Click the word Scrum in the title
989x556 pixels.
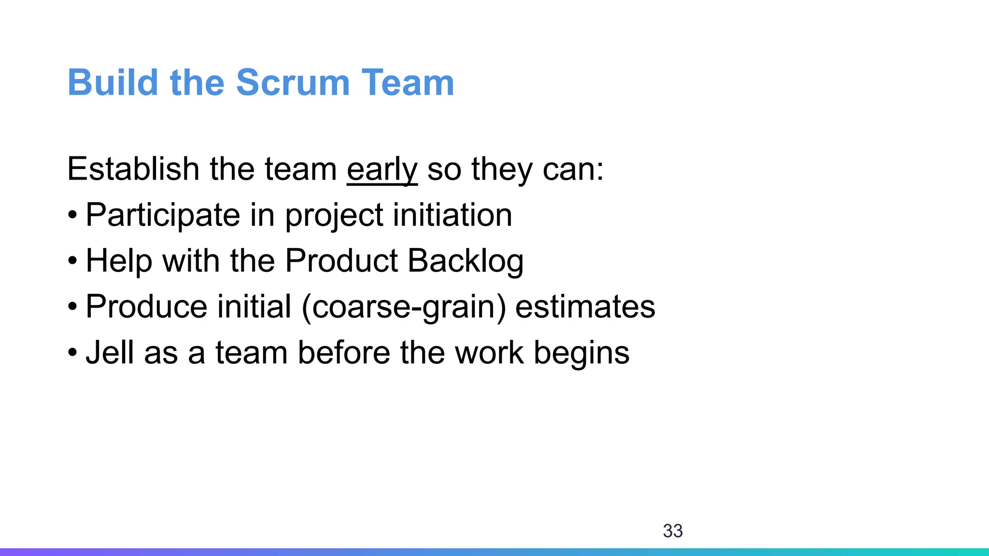point(293,83)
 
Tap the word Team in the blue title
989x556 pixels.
point(408,83)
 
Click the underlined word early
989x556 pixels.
point(382,170)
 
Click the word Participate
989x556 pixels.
point(163,215)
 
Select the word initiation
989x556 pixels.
point(452,215)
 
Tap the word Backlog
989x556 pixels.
point(466,262)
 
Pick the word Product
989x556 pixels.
point(341,261)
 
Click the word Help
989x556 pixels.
point(119,262)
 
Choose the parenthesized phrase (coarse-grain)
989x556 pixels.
point(404,307)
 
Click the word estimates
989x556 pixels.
point(585,307)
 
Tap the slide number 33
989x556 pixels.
point(673,531)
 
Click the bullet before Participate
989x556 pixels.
point(72,216)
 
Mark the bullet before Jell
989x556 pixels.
point(72,353)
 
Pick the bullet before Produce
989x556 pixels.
point(72,307)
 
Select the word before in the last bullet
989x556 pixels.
point(344,353)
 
